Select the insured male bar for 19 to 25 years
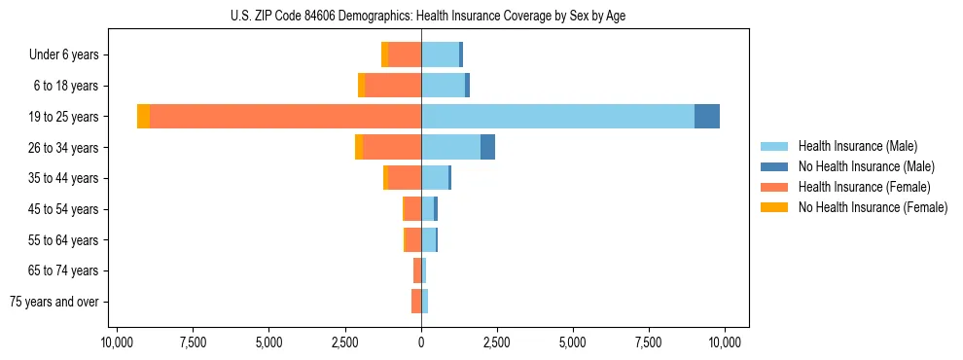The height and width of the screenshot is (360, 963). click(x=557, y=117)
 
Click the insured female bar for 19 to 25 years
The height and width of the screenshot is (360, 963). click(x=286, y=117)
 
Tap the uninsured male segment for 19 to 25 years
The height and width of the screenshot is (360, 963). click(x=707, y=117)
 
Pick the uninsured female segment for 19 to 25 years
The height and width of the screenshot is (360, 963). click(x=143, y=117)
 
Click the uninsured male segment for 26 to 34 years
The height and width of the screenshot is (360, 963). click(x=487, y=147)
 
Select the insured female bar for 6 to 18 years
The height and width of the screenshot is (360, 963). click(x=393, y=86)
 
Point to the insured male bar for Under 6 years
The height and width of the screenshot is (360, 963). click(x=440, y=54)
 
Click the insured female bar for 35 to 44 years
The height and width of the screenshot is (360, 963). click(x=405, y=178)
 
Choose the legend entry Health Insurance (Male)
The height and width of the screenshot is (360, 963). click(x=857, y=146)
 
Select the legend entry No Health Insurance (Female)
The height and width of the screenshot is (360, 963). click(x=873, y=207)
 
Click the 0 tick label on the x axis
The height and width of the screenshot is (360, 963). click(x=421, y=342)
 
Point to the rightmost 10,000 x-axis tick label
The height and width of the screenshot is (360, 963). click(x=726, y=342)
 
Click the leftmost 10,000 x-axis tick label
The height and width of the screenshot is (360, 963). click(x=117, y=342)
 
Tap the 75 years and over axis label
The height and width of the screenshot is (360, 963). click(x=54, y=302)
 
